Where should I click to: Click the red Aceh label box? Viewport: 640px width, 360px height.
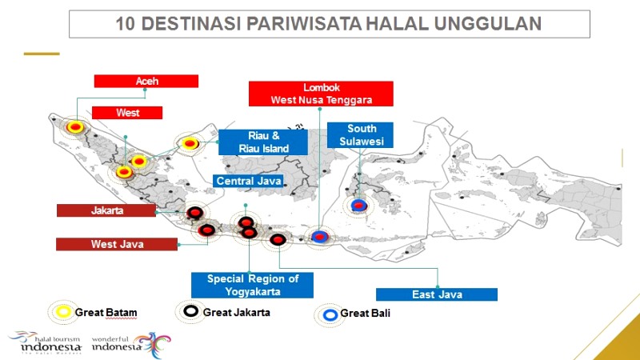(x=146, y=81)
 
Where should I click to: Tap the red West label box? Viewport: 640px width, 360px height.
(x=127, y=113)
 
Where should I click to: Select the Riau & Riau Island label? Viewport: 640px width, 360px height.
(x=263, y=142)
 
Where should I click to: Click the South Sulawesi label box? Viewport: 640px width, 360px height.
(x=360, y=135)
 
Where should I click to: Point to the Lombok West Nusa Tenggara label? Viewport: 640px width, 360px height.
(x=321, y=94)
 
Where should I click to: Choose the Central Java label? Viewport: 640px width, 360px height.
(x=249, y=181)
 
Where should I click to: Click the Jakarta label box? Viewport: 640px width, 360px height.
(x=106, y=210)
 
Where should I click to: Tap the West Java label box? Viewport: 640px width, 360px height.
(x=117, y=244)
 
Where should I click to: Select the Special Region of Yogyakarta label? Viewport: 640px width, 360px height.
(x=252, y=285)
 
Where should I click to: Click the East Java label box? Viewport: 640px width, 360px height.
(x=437, y=294)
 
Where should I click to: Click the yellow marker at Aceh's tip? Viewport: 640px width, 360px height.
(x=75, y=127)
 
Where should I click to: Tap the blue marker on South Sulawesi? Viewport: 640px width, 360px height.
(x=358, y=206)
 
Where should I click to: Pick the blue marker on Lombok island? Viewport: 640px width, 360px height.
(x=319, y=236)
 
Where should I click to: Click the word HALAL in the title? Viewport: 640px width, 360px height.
(x=397, y=24)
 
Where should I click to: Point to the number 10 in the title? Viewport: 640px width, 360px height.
(x=126, y=24)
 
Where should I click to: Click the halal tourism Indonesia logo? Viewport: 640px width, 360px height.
(x=45, y=342)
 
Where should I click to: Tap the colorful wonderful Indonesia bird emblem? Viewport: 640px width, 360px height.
(x=154, y=345)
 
